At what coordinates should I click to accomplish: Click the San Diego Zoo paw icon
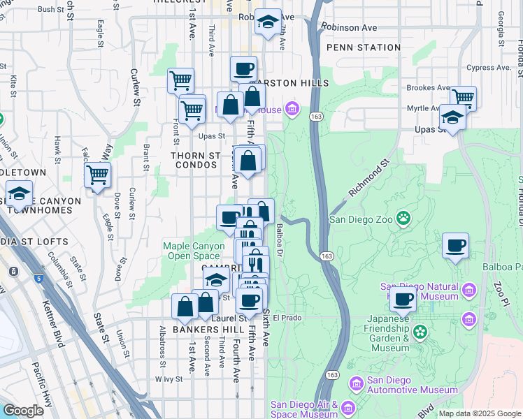(x=403, y=219)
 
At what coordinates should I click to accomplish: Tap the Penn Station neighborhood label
(x=363, y=47)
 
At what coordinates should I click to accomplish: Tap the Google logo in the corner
(x=23, y=411)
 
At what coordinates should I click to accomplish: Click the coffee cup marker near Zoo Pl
(x=455, y=245)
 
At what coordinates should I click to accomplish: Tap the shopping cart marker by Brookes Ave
(x=463, y=97)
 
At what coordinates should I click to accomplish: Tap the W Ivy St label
(x=169, y=379)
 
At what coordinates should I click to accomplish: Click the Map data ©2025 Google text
(x=480, y=413)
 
